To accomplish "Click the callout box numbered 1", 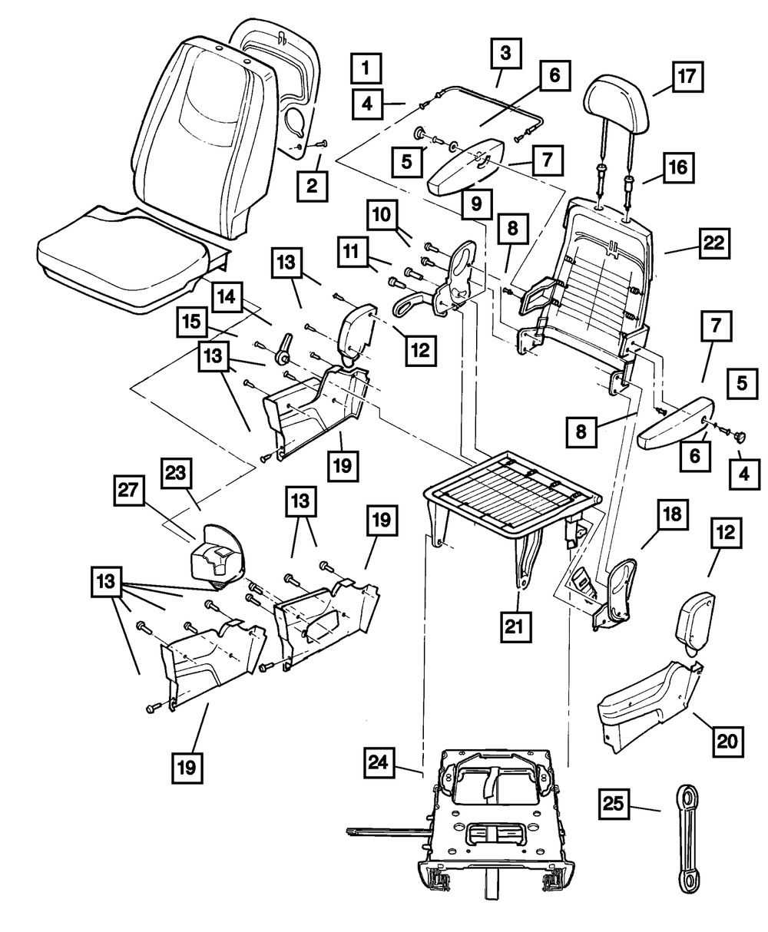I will pyautogui.click(x=366, y=68).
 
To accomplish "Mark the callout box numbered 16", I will pyautogui.click(x=676, y=167).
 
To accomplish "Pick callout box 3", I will pyautogui.click(x=505, y=53).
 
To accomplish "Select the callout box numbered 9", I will pyautogui.click(x=477, y=204).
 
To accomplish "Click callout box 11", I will pyautogui.click(x=352, y=253).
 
